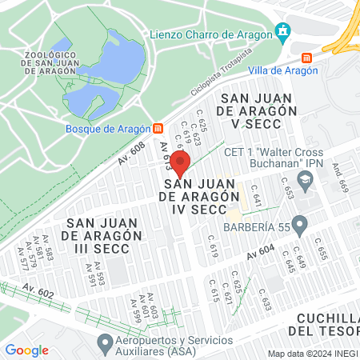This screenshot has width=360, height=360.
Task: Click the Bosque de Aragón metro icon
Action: click(x=158, y=128)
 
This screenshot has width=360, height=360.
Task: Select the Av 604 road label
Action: click(x=261, y=250)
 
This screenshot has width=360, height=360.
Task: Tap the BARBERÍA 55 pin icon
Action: click(x=300, y=225)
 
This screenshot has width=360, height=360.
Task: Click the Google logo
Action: click(x=26, y=350)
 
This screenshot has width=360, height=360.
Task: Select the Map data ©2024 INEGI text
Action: click(x=312, y=354)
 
